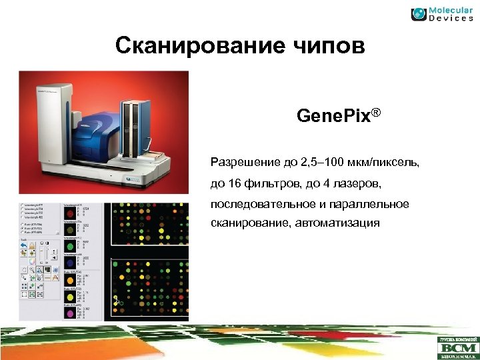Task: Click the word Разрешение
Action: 243,162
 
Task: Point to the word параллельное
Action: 371,203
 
